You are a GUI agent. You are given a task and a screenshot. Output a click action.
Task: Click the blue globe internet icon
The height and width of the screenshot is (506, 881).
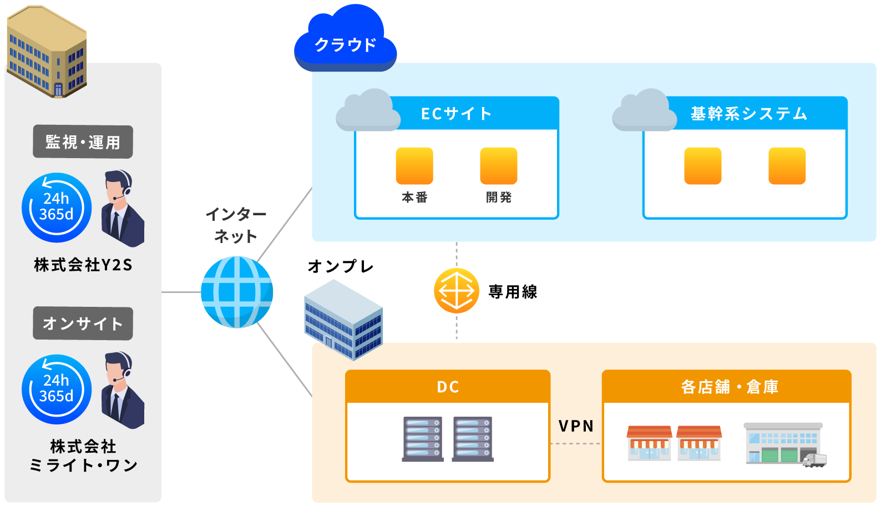tap(237, 292)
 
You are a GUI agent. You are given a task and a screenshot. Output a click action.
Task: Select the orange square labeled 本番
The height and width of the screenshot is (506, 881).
tap(414, 166)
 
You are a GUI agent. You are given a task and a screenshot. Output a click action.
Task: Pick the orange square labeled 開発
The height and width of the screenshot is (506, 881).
tap(499, 166)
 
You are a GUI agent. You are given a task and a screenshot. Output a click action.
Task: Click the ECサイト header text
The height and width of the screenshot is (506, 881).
tap(457, 114)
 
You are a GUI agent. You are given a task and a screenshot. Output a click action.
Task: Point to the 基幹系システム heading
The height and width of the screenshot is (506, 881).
tap(749, 114)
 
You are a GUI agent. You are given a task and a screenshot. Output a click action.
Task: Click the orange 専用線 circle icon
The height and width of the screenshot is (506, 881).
tap(457, 291)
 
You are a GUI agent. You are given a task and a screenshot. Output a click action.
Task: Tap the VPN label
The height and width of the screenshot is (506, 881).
tap(576, 426)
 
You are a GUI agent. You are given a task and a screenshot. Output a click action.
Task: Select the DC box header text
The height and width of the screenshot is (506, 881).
tap(448, 387)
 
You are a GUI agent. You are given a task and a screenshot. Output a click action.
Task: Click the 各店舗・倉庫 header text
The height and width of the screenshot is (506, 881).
tap(730, 387)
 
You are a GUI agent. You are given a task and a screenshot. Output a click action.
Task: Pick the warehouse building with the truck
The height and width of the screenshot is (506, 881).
tap(785, 445)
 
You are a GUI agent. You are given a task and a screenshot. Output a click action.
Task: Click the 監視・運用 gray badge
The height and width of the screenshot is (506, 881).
tap(83, 142)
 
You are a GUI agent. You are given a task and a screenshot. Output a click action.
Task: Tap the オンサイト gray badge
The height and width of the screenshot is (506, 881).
tap(83, 323)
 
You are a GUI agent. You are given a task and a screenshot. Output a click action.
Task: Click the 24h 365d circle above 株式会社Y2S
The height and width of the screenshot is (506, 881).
tap(57, 208)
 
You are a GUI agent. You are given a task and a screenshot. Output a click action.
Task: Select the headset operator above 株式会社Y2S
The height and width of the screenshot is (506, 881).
tap(123, 208)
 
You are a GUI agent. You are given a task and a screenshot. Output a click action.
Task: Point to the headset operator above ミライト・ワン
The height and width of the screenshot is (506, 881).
tap(123, 390)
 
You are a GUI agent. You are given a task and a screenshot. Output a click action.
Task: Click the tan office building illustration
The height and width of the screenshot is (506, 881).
tap(47, 52)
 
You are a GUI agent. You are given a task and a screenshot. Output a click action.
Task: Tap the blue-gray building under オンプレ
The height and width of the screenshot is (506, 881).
tap(343, 320)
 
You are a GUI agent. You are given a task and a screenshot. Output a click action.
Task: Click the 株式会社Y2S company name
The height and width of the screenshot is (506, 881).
tap(83, 265)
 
